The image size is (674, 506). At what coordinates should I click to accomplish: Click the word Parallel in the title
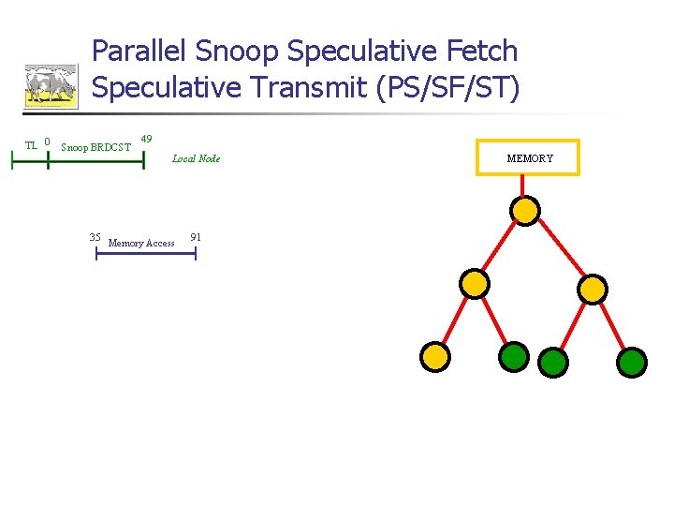click(139, 52)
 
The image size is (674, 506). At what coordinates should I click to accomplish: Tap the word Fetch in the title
click(479, 52)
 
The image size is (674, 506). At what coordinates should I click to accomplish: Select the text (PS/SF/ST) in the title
click(447, 87)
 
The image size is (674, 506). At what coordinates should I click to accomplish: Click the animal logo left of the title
click(51, 85)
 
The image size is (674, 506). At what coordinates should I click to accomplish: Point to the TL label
click(31, 145)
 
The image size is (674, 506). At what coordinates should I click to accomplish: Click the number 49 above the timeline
click(146, 140)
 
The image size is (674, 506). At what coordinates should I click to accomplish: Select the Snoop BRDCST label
click(95, 147)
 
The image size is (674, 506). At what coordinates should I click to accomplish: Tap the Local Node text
click(197, 159)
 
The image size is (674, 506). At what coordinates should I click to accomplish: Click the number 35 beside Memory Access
click(95, 237)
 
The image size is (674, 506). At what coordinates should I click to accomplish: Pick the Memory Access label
click(141, 244)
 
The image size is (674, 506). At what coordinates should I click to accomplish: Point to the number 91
click(196, 237)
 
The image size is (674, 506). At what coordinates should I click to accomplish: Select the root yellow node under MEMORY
click(526, 210)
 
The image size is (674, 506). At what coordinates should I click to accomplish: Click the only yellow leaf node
click(434, 356)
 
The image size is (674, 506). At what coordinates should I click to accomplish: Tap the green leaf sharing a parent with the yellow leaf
click(514, 356)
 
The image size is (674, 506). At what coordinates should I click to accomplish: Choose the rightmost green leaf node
click(633, 362)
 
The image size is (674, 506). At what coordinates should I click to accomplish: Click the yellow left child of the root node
click(476, 283)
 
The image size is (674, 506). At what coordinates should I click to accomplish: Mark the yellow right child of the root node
click(593, 289)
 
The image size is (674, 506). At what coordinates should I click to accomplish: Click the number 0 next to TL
click(47, 142)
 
